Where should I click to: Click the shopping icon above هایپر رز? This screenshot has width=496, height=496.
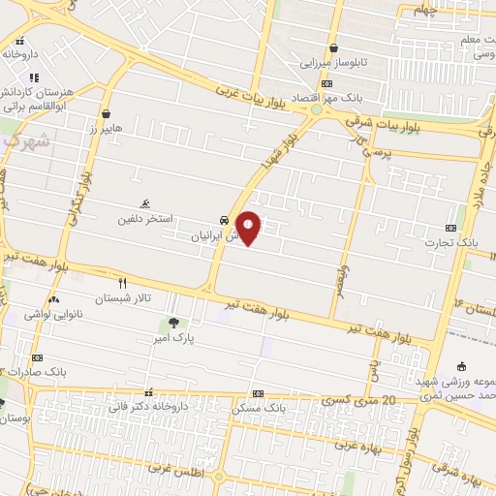(x=105, y=113)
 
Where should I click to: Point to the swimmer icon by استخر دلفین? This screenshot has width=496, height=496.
(x=144, y=203)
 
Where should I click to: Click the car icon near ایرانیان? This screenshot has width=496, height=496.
(x=224, y=220)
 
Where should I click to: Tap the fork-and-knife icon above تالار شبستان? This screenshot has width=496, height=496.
(x=122, y=283)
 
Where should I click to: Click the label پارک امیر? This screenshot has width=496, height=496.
(x=175, y=340)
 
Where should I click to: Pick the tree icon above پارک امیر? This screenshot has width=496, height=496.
(x=173, y=323)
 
